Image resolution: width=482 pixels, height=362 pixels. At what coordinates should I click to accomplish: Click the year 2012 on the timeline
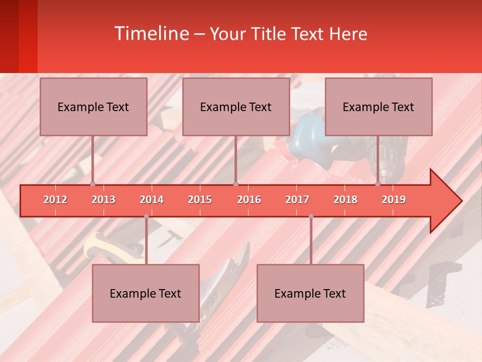55,200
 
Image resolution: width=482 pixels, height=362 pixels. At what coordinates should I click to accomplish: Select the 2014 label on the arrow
152,200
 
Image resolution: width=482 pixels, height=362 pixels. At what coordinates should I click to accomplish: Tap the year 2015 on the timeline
200,200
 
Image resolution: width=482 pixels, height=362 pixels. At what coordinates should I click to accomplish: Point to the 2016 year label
249,200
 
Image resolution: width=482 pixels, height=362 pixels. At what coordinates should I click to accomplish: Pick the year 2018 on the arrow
345,200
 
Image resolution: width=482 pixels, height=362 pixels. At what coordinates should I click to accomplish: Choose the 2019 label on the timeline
394,200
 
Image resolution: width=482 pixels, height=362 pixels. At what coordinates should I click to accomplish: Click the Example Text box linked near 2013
93,107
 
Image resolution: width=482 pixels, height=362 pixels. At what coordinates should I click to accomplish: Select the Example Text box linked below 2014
146,293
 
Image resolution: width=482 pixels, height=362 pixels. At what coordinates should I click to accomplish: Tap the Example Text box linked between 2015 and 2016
236,107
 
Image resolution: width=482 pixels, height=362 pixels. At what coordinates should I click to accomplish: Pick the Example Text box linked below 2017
310,293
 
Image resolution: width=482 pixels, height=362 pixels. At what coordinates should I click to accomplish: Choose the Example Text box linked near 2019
379,107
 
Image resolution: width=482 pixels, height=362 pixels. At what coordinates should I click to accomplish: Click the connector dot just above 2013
93,184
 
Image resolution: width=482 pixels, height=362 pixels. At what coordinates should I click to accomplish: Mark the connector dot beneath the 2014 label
146,216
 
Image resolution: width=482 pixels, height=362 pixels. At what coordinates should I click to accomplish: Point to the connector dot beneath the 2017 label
311,216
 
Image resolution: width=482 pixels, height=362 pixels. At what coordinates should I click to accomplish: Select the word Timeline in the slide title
151,34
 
